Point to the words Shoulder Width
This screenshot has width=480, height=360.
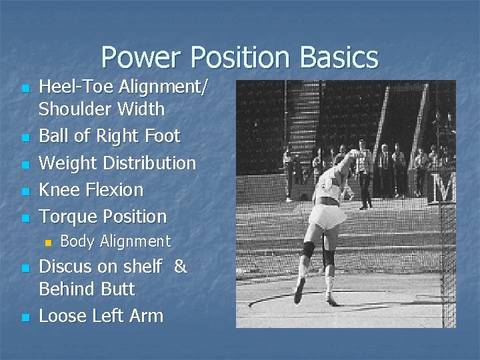(x=102, y=108)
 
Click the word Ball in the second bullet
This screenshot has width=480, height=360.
(x=55, y=136)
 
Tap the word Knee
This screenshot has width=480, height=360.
(x=60, y=189)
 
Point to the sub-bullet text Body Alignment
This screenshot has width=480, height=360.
(x=115, y=241)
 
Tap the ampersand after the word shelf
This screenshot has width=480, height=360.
(x=180, y=267)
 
